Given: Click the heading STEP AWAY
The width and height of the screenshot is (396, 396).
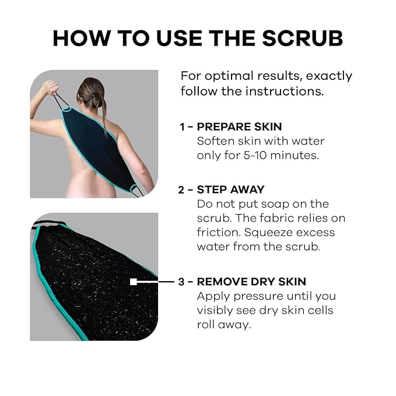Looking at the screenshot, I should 230,190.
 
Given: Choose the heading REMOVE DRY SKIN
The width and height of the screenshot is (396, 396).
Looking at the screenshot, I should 251,281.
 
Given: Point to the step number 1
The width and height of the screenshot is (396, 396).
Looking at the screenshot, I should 183,127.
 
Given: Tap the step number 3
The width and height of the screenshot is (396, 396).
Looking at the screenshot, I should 183,281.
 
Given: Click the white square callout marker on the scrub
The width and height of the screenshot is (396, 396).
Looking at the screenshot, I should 134,281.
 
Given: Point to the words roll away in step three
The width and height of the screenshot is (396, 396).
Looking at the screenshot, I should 224,324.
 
